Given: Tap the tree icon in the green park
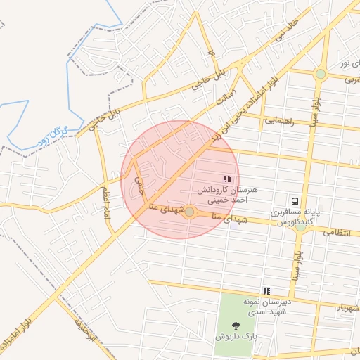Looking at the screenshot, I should [235, 325].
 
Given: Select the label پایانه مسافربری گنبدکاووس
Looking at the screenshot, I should [295, 216].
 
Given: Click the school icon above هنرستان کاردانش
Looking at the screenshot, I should [226, 179].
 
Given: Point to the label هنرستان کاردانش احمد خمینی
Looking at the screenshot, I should [229, 195].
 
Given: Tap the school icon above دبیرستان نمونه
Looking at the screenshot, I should [266, 290].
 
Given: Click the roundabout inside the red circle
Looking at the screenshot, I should [189, 211].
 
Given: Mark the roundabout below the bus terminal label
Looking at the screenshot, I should [301, 226].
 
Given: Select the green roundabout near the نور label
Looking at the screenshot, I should [321, 73].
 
